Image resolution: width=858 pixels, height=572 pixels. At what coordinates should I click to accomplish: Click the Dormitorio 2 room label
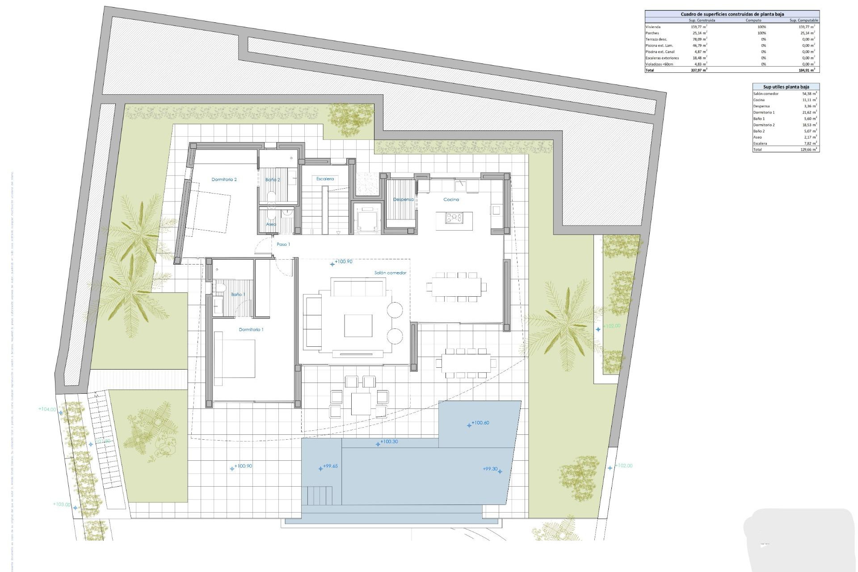[224, 180]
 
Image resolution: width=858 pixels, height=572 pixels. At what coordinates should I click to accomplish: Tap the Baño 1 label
[238, 294]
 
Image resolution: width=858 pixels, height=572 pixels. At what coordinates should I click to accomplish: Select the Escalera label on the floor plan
[325, 179]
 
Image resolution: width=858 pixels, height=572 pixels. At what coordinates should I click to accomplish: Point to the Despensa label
[403, 199]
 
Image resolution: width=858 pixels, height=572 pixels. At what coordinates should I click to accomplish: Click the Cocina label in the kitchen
[451, 200]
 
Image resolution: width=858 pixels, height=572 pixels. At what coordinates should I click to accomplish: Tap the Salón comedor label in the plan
[390, 273]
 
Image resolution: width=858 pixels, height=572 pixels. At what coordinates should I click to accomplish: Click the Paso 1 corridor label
[283, 244]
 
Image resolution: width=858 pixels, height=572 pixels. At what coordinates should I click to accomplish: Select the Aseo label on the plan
[271, 224]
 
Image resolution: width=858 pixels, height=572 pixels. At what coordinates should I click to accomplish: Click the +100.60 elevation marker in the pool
[479, 423]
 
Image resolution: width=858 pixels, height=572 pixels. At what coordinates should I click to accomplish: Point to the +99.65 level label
[330, 466]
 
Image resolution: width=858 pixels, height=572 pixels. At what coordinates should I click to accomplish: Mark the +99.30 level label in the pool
[490, 469]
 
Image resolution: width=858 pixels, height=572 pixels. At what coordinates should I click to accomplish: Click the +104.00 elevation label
[47, 409]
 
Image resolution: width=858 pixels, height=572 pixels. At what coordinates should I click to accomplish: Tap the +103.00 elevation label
[62, 505]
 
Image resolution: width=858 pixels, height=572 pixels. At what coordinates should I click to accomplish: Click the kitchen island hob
[454, 218]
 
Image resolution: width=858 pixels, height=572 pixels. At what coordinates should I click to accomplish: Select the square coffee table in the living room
[358, 325]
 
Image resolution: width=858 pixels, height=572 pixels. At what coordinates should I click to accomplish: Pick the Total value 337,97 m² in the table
[698, 70]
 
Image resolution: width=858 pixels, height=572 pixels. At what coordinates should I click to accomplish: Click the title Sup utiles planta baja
[786, 87]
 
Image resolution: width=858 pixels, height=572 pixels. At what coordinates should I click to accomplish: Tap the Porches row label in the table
[652, 33]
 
